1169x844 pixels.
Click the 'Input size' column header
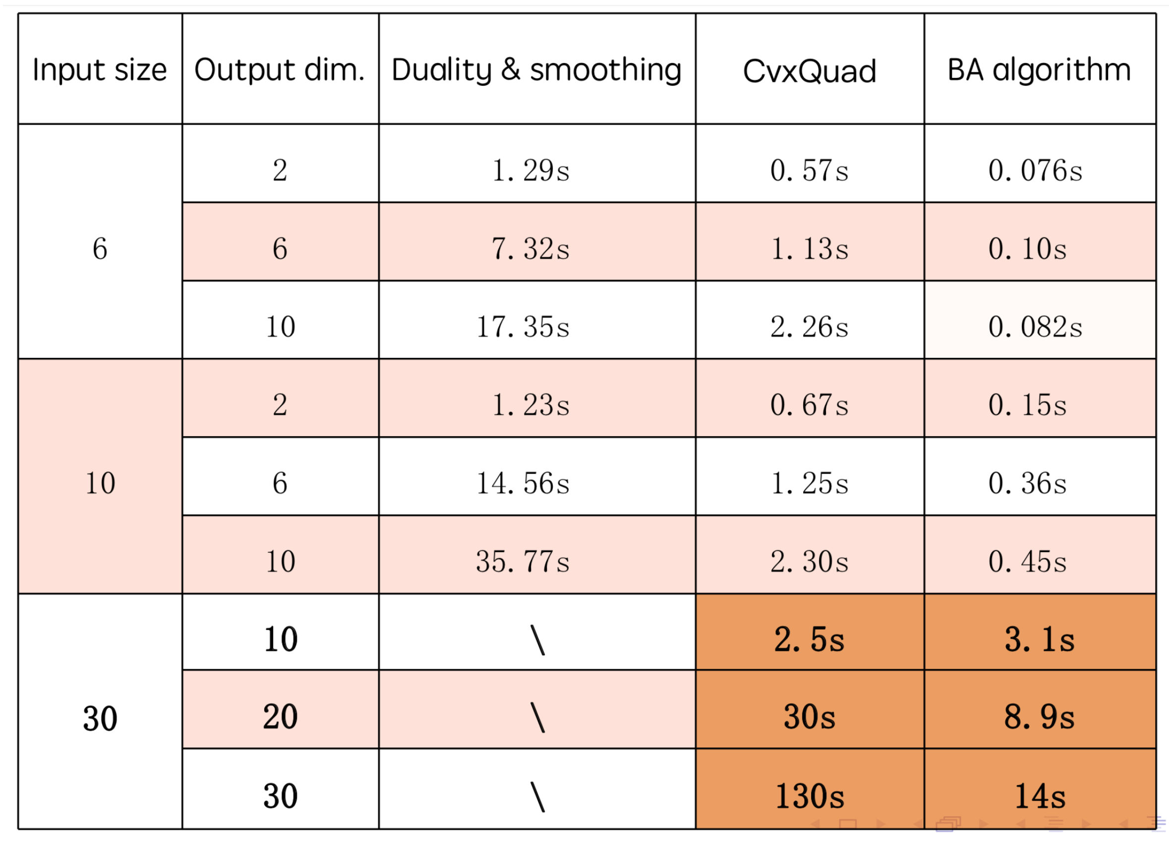pos(100,69)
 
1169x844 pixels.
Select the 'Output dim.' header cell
pos(280,69)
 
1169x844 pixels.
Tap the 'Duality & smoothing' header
pos(536,69)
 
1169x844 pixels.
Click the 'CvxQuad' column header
pos(809,70)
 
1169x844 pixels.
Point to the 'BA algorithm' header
pos(1039,69)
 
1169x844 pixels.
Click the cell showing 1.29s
pos(531,170)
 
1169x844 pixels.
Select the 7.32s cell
pos(531,249)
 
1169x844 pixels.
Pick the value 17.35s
pos(523,327)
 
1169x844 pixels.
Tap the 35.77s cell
pos(523,562)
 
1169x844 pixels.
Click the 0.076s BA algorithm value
pos(1035,170)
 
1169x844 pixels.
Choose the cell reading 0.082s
pos(1035,327)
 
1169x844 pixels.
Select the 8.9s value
pos(1039,717)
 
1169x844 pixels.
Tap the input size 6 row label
pos(100,249)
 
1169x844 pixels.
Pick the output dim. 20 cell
pos(280,717)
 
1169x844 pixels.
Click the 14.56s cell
pos(523,483)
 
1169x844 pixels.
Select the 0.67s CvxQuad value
pos(809,405)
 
